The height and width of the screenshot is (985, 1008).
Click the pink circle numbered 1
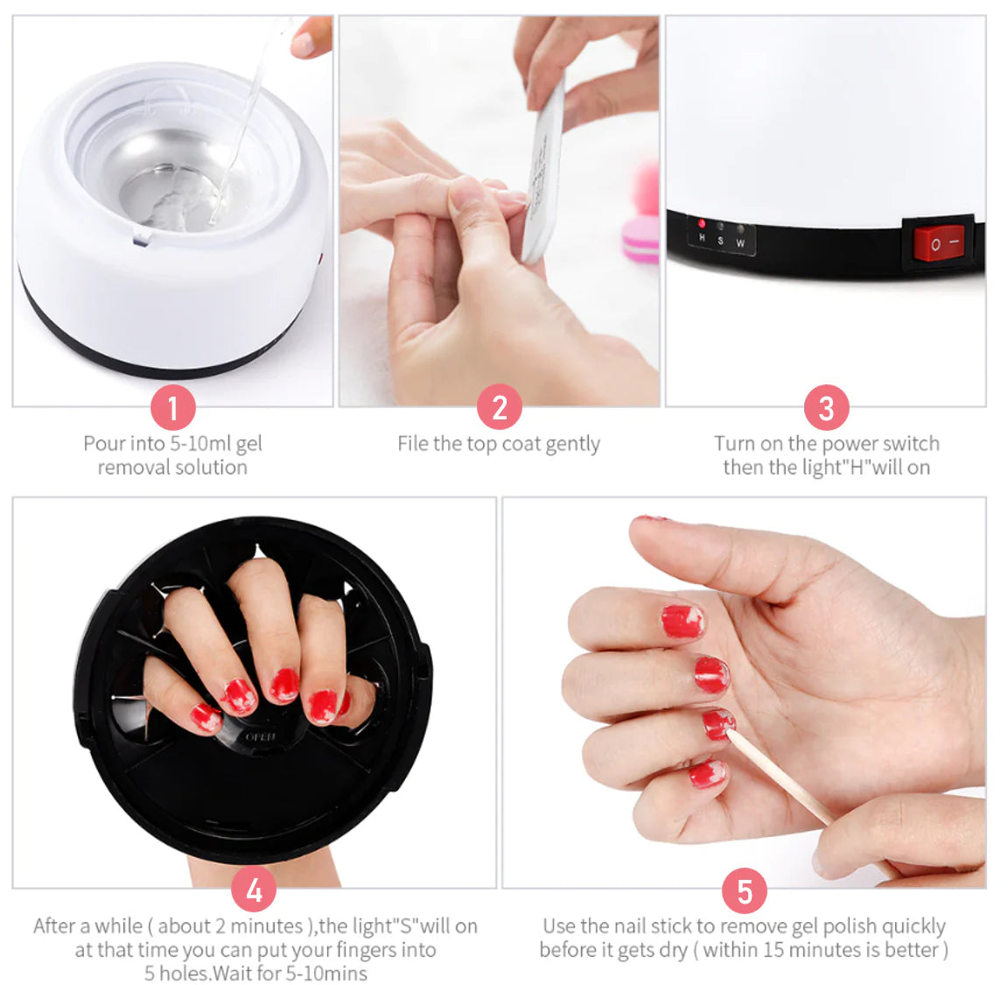(173, 407)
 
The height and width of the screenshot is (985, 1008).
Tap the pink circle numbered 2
(500, 407)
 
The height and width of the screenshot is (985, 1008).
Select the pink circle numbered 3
(827, 408)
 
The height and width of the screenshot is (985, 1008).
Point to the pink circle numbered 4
(255, 890)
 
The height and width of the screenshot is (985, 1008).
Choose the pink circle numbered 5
(745, 891)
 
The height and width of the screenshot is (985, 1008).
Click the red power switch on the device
(939, 243)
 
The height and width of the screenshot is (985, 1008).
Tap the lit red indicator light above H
(702, 224)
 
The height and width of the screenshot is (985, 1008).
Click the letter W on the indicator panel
(740, 243)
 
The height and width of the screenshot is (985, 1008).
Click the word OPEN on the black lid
(261, 736)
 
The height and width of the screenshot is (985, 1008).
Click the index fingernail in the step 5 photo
(682, 622)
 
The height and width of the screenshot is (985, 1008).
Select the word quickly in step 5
(913, 926)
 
